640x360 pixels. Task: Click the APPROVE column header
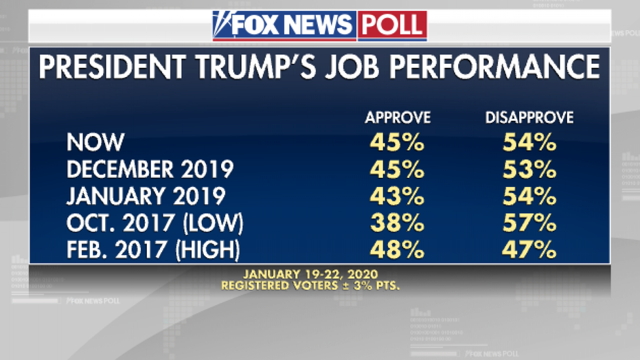point(398,117)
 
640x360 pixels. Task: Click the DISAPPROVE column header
point(529,117)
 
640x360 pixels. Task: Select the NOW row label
point(95,142)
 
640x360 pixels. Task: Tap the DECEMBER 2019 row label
point(150,169)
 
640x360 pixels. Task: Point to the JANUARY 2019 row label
point(146,196)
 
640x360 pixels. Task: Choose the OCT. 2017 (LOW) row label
point(156,223)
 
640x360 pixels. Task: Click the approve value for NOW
point(398,142)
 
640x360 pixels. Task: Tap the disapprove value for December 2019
point(529,169)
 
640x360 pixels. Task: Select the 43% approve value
point(398,196)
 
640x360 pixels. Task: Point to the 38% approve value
point(398,223)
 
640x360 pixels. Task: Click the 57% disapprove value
point(529,223)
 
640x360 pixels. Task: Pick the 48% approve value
point(398,250)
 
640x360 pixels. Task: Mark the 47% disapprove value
point(529,250)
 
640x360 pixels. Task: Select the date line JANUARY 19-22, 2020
point(320,272)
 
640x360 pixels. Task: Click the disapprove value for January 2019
point(529,196)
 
